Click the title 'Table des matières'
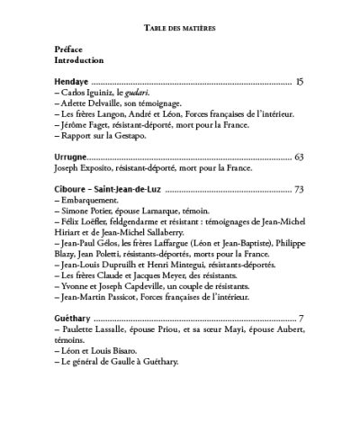point(180,27)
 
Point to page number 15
point(300,82)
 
